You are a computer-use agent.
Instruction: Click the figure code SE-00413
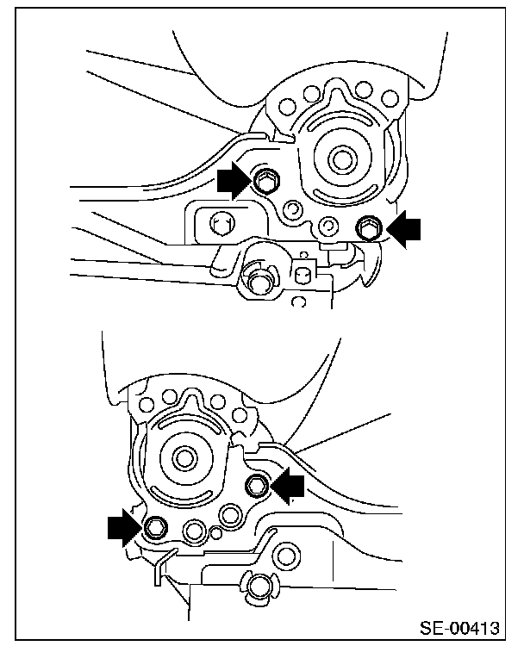tap(459, 628)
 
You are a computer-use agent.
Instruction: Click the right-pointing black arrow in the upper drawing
tap(234, 181)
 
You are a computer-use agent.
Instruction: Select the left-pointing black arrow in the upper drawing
tap(403, 229)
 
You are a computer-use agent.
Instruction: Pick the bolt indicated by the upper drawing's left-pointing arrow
tap(369, 228)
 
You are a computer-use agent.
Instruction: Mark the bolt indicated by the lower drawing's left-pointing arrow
tap(256, 486)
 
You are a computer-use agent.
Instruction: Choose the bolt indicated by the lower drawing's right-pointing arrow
tap(156, 527)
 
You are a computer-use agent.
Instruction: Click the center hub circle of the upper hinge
tap(342, 158)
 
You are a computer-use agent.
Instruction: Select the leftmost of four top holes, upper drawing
tap(286, 107)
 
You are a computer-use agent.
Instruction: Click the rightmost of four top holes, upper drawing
tap(389, 98)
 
